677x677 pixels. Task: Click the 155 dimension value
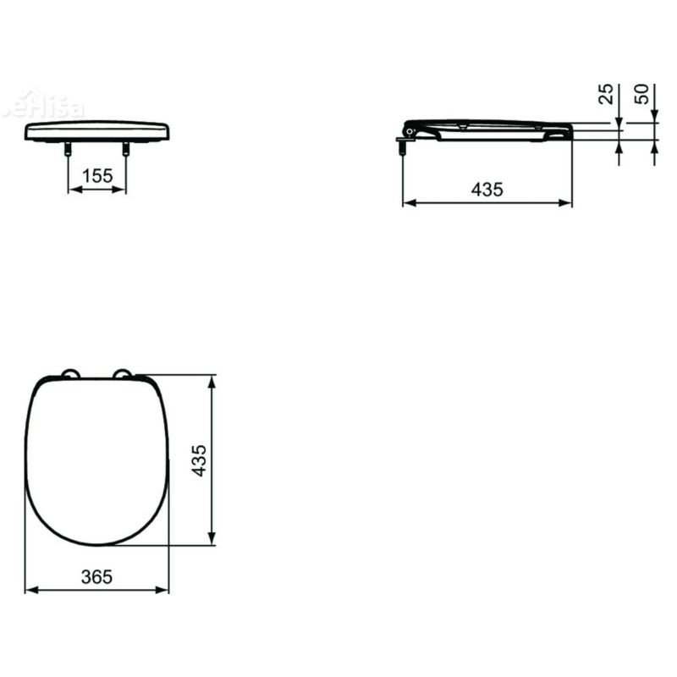97,176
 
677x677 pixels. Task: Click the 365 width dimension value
97,576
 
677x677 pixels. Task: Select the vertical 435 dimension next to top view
200,460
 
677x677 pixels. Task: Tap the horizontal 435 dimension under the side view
487,190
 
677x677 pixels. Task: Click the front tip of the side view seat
570,130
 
